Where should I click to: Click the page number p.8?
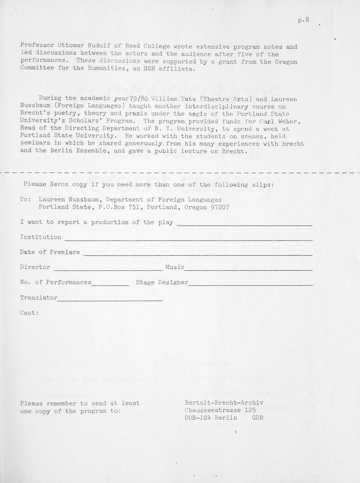[303, 20]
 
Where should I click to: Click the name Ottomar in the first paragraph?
[71, 45]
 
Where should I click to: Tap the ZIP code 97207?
[220, 207]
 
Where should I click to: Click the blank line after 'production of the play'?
[244, 225]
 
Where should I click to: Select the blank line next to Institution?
[188, 240]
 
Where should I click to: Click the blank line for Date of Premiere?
[197, 255]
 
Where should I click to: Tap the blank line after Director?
[107, 270]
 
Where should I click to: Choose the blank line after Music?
[248, 270]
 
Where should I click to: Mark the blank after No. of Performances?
[110, 285]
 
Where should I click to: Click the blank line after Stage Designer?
[250, 285]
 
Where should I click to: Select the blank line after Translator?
[110, 300]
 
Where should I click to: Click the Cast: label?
[29, 313]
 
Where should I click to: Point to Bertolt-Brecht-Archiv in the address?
[224, 403]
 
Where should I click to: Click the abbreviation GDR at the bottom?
[257, 418]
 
